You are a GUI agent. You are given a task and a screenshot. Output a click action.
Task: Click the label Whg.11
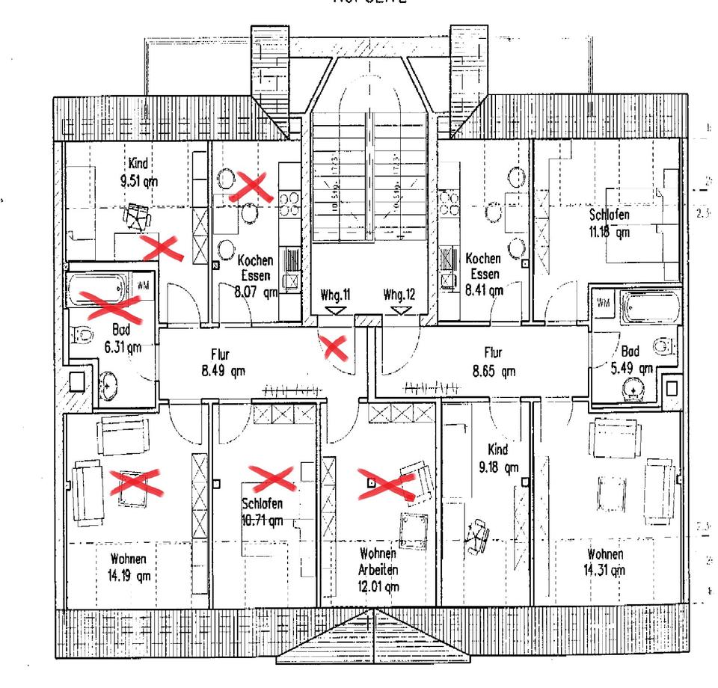pyautogui.click(x=337, y=295)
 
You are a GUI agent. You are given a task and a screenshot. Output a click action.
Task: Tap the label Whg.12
pyautogui.click(x=399, y=295)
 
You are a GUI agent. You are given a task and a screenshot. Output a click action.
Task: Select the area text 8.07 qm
pyautogui.click(x=256, y=292)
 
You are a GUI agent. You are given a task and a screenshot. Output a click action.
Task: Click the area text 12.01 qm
pyautogui.click(x=378, y=587)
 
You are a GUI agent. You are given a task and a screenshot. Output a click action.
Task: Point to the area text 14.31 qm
pyautogui.click(x=605, y=571)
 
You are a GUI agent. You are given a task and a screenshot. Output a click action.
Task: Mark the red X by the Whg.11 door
pyautogui.click(x=334, y=346)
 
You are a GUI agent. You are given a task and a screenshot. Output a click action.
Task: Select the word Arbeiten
pyautogui.click(x=378, y=570)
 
